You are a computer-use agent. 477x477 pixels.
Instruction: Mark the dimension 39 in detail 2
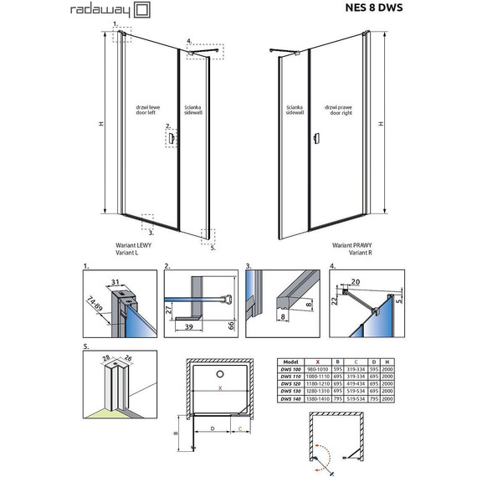(188, 326)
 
